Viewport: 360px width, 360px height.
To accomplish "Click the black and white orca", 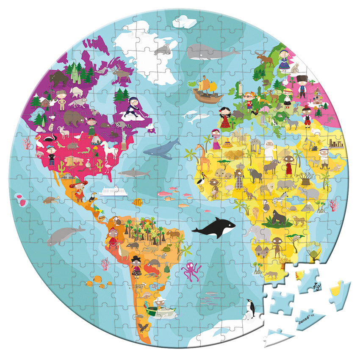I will pos(214,228).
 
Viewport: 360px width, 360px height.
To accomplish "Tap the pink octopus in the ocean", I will pos(191,271).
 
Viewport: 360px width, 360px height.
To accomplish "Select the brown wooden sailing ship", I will pos(207,90).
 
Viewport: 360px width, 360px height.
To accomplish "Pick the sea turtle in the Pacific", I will pos(50,199).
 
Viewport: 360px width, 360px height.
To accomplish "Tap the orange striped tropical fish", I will pos(137,202).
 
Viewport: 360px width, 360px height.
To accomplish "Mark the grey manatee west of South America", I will pos(64,235).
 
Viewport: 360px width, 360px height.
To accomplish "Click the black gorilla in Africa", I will pos(278,217).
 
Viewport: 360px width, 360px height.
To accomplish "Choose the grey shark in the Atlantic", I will pos(134,173).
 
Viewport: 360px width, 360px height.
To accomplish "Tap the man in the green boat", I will pos(160,303).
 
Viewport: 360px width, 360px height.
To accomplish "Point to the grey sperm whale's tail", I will pos(232,52).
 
